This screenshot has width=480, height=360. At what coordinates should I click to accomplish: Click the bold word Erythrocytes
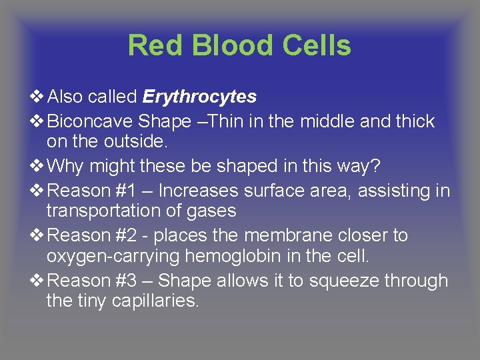pos(199,97)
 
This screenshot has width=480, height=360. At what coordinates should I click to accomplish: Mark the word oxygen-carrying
pos(112,257)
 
